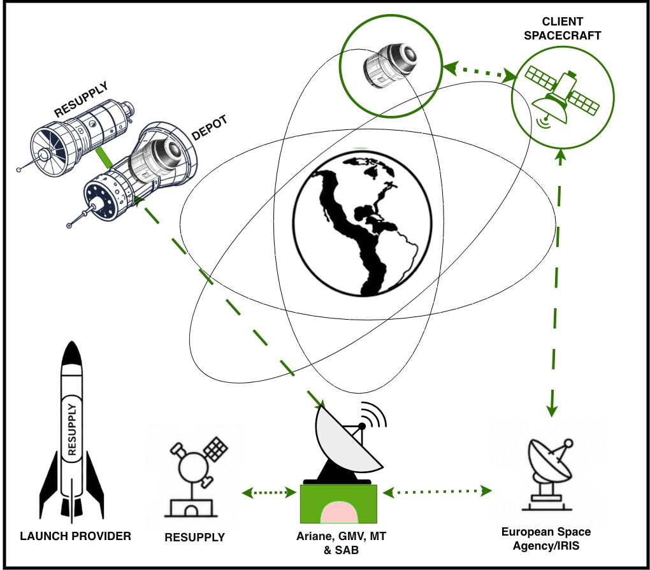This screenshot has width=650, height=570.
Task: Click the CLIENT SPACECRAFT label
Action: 562,29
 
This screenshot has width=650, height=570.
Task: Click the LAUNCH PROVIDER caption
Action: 75,536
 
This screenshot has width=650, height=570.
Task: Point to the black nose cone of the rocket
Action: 71,354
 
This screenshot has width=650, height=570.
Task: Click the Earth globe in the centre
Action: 363,224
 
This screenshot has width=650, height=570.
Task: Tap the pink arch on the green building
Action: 338,512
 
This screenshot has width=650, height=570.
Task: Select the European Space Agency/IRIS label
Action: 546,539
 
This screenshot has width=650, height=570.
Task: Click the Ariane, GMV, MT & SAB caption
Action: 341,543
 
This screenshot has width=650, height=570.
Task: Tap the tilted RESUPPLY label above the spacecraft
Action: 82,99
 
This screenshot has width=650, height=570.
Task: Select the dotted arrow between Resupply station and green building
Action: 269,492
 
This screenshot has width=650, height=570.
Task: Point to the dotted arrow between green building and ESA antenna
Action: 437,492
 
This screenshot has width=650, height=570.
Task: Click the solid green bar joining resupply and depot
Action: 103,158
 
